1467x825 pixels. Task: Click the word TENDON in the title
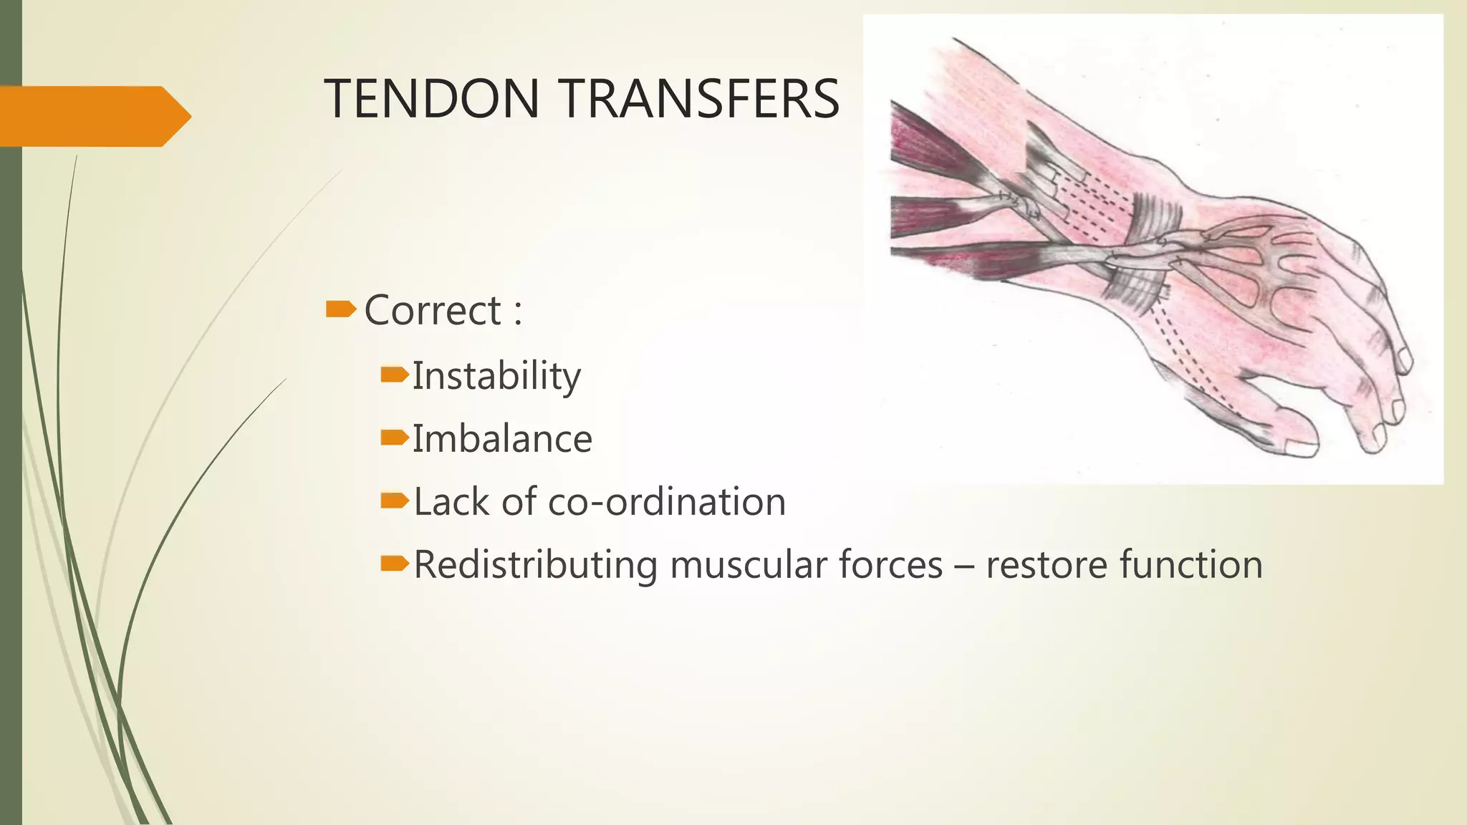click(x=431, y=99)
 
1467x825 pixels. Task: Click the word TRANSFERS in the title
click(x=700, y=99)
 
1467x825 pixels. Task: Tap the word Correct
click(x=433, y=311)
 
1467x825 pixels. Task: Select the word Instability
click(x=496, y=376)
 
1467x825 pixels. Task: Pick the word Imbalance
click(x=502, y=439)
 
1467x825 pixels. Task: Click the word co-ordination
click(x=666, y=501)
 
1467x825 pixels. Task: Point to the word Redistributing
click(x=535, y=564)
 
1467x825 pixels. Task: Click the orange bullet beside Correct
click(x=340, y=309)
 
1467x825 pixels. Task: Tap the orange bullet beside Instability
click(x=394, y=374)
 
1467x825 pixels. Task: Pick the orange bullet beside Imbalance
click(x=394, y=438)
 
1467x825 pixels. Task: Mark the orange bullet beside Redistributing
click(x=394, y=564)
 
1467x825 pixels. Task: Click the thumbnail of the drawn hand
click(x=1153, y=249)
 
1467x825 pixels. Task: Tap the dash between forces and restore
click(x=964, y=566)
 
